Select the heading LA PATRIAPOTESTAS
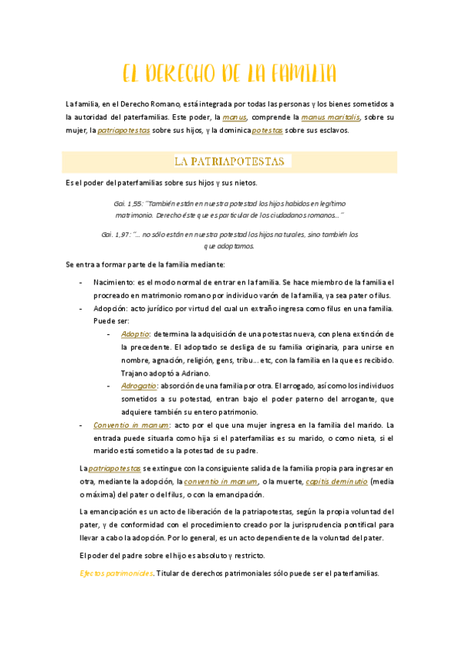(229, 162)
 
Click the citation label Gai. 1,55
(127, 203)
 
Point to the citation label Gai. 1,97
(116, 234)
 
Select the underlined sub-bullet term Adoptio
(135, 334)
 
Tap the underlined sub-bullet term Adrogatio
(139, 386)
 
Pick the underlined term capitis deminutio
(336, 481)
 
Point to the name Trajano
(135, 373)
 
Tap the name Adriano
(193, 373)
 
